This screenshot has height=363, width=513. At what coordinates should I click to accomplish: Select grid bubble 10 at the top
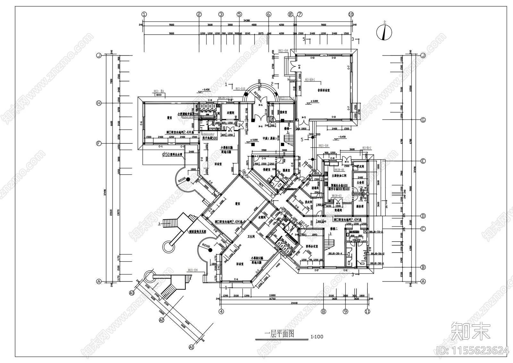tap(351, 14)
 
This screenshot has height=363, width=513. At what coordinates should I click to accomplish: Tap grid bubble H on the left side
tap(99, 103)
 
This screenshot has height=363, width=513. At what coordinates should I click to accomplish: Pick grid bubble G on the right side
tap(423, 120)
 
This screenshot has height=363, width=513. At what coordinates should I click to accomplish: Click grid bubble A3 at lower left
tap(131, 293)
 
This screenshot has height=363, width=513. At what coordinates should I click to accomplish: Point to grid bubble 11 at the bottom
tap(367, 311)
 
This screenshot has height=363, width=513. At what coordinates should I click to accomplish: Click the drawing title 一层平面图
tap(279, 334)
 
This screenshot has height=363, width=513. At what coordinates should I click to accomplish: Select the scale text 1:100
tap(317, 337)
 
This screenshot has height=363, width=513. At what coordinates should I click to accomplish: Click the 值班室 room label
tap(283, 112)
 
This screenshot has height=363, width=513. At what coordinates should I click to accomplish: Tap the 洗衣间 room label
tap(308, 202)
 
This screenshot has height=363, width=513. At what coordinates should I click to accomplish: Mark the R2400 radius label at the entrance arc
tap(257, 95)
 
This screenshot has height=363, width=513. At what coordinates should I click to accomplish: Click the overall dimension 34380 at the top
tap(247, 20)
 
